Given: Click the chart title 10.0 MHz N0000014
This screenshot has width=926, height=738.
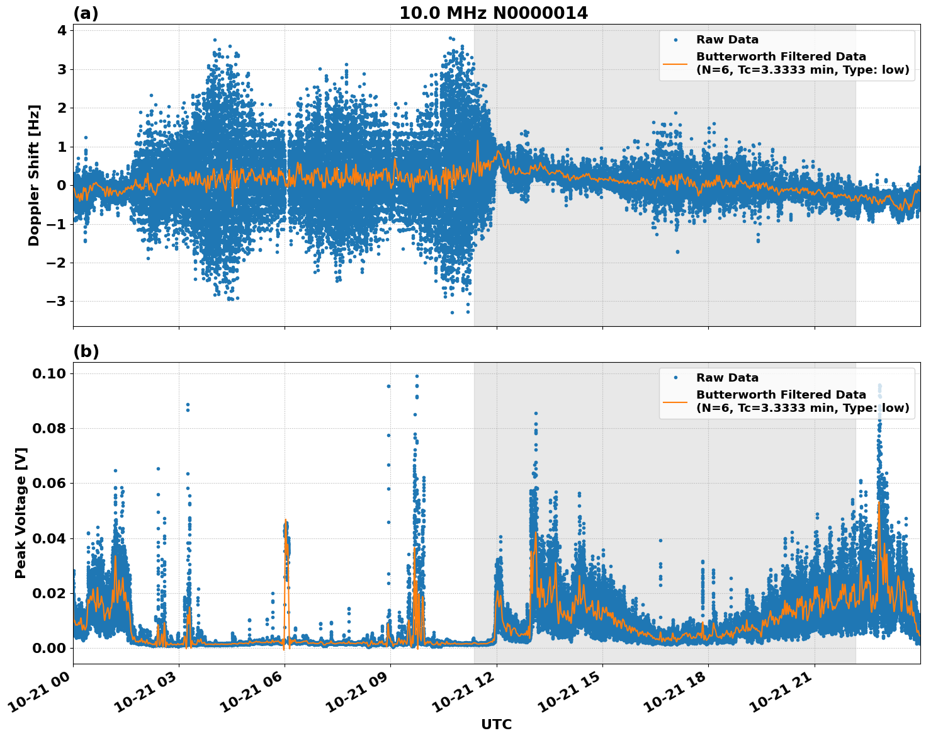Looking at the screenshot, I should pyautogui.click(x=493, y=13).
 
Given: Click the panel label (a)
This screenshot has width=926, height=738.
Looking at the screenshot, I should pyautogui.click(x=86, y=13).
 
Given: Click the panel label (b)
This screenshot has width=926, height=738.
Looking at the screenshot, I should pyautogui.click(x=86, y=351).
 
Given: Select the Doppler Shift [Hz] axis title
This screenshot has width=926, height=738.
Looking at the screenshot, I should pyautogui.click(x=34, y=175).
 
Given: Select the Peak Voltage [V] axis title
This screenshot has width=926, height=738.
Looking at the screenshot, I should pyautogui.click(x=21, y=513).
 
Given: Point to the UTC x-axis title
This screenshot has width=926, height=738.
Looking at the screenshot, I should pyautogui.click(x=496, y=724).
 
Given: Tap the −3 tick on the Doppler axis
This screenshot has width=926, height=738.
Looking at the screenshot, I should pyautogui.click(x=57, y=301).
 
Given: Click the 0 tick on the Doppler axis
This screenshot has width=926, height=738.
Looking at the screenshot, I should pyautogui.click(x=61, y=185).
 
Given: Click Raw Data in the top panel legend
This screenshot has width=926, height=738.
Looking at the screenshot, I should pyautogui.click(x=727, y=40).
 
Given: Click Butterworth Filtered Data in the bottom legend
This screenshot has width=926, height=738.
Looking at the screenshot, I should pyautogui.click(x=781, y=395).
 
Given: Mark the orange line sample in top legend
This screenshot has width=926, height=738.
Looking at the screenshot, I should pyautogui.click(x=675, y=63).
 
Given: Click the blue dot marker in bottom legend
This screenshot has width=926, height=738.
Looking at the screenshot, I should pyautogui.click(x=675, y=378).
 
